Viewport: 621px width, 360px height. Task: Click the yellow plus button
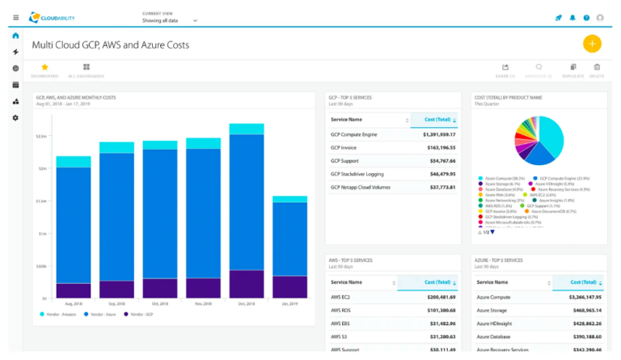pyautogui.click(x=592, y=44)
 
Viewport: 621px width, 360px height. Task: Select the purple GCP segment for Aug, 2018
pyautogui.click(x=74, y=290)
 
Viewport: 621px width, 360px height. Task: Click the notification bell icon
pyautogui.click(x=572, y=17)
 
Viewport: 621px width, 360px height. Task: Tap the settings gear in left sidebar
pyautogui.click(x=15, y=118)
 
